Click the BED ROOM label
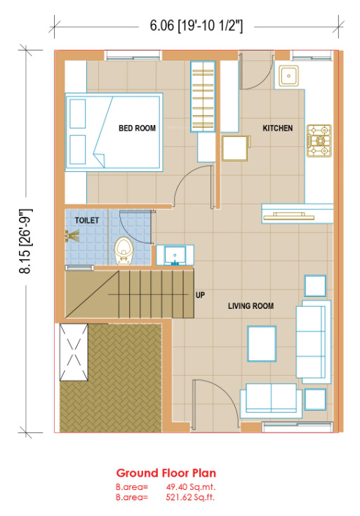point(137,128)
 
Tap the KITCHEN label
point(277,128)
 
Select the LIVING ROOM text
point(251,306)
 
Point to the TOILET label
point(87,220)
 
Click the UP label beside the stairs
point(200,295)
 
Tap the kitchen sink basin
point(288,76)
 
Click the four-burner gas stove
point(319,140)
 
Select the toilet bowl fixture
point(124,251)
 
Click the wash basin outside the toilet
point(175,255)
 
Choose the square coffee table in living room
point(262,343)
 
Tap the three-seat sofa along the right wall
point(313,342)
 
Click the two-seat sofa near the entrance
point(271,400)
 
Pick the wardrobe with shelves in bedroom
point(203,96)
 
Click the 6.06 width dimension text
point(196,26)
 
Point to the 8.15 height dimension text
point(26,242)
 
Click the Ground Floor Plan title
point(166,473)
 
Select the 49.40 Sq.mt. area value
point(191,487)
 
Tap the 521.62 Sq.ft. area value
point(190,497)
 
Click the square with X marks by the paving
point(74,352)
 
